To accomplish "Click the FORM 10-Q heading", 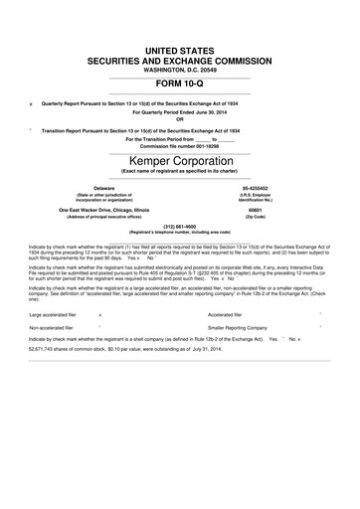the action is point(180,85).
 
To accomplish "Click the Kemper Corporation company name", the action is point(180,159).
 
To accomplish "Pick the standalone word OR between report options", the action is point(180,120).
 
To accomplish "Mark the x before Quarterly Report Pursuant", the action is point(32,104).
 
